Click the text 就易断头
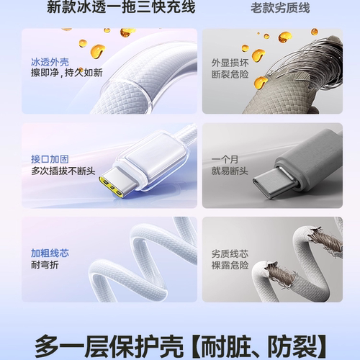228,171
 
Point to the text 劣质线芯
228,253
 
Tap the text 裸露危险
228,266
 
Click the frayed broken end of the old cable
277,272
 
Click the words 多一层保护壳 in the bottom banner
112,343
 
